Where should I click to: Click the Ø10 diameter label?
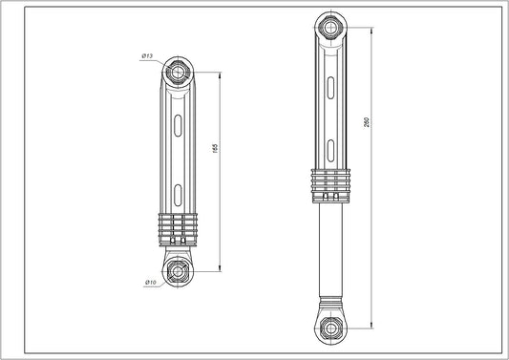pos(150,282)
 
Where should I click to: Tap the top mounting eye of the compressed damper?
pos(179,71)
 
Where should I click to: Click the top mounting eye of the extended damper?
pos(326,23)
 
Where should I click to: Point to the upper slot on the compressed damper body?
pos(179,124)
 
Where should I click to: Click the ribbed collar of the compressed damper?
pos(179,229)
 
